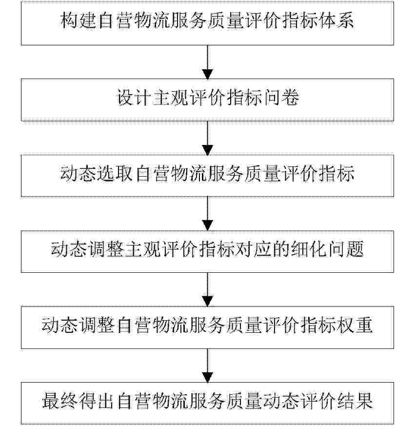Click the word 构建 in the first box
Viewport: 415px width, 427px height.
pos(78,20)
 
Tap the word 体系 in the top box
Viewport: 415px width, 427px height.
pos(336,20)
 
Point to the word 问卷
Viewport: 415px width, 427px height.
pos(281,97)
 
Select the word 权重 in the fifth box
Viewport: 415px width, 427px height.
pos(355,325)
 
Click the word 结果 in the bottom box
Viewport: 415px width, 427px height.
pos(355,401)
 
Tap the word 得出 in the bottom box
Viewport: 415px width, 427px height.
pos(97,401)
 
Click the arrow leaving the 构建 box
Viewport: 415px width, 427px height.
pos(208,62)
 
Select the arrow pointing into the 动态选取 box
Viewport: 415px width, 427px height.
pos(208,138)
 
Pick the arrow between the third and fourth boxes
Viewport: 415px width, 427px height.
pos(208,214)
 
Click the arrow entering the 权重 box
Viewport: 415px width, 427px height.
pos(208,290)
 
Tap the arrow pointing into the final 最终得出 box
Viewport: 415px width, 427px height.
pos(208,366)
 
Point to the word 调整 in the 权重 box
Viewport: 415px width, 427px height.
pos(97,325)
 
